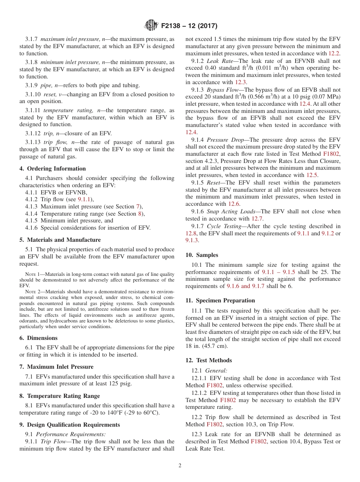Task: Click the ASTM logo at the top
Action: click(x=151, y=26)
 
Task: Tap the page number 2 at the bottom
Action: click(x=180, y=466)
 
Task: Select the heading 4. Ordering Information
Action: click(x=53, y=169)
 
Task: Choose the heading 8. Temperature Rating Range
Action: click(x=59, y=396)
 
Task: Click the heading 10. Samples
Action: click(x=202, y=255)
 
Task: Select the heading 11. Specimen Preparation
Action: click(x=220, y=300)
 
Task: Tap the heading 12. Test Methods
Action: click(x=208, y=360)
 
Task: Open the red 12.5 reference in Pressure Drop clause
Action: click(x=312, y=175)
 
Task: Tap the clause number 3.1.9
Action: click(x=32, y=85)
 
